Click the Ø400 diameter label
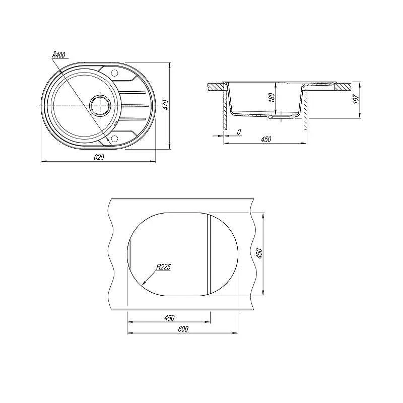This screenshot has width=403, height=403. [58, 55]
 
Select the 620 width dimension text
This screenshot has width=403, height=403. [99, 157]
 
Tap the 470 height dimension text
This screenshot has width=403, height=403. [166, 105]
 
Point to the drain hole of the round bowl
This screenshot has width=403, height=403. [100, 105]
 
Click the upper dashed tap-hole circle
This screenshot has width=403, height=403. [114, 73]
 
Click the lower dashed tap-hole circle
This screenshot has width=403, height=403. [114, 139]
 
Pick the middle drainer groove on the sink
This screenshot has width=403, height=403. [135, 105]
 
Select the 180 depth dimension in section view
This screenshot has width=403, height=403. [272, 98]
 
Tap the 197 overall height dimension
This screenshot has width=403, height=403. [356, 99]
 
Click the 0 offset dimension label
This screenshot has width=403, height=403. [239, 132]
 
